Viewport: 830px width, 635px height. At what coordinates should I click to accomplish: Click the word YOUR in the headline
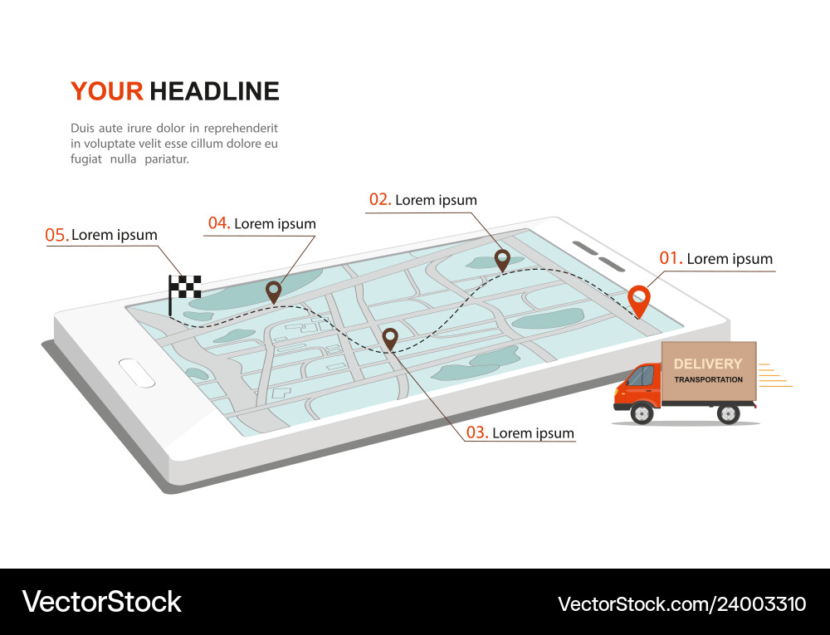click(x=107, y=91)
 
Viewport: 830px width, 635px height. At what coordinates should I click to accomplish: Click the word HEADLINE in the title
click(x=214, y=91)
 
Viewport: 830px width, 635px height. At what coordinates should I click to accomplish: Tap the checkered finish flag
click(x=185, y=286)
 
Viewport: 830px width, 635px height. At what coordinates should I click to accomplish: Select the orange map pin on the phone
click(x=638, y=300)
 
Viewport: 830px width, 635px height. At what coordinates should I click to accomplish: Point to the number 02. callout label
click(x=380, y=199)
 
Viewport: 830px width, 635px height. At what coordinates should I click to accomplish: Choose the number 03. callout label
click(x=477, y=432)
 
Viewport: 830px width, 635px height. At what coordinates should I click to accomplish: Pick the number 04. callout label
click(x=219, y=223)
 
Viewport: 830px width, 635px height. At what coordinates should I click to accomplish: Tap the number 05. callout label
click(x=56, y=235)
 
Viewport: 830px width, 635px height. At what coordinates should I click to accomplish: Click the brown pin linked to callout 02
click(x=502, y=260)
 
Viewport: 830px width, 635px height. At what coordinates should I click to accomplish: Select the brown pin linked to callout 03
click(x=390, y=338)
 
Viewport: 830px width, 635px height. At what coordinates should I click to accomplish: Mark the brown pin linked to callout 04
click(x=273, y=291)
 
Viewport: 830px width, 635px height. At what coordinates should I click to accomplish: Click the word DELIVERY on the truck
click(x=708, y=364)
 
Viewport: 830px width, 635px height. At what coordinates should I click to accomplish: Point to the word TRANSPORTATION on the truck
click(x=708, y=379)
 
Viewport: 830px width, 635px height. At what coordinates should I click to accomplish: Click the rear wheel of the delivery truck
click(x=728, y=413)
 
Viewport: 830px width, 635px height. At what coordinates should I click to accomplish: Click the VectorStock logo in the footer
click(x=102, y=602)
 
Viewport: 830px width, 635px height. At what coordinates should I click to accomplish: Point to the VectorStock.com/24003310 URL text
click(x=681, y=603)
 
